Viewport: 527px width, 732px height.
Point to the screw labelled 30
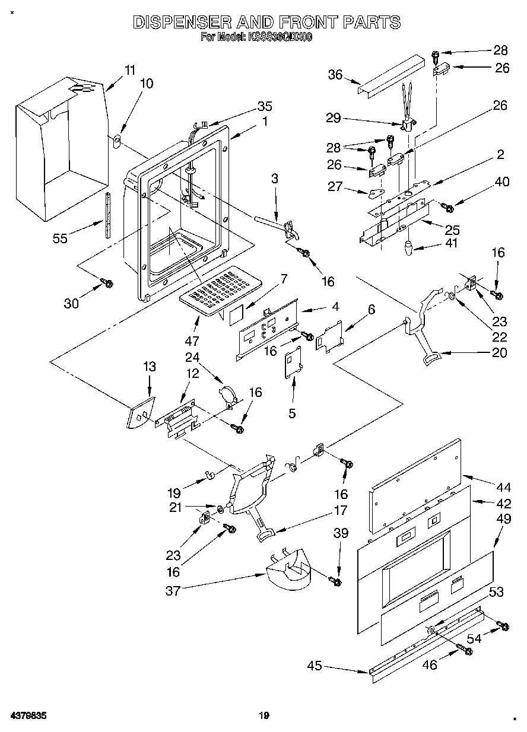[108, 284]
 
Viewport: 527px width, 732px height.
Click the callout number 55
[60, 238]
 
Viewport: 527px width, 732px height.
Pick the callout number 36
[335, 75]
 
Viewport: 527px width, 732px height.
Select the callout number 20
[500, 352]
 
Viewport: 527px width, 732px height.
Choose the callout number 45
[315, 666]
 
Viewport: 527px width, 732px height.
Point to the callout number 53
[496, 591]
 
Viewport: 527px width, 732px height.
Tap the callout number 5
[292, 413]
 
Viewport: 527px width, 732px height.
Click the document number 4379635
[28, 716]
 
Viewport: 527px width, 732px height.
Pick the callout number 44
[503, 488]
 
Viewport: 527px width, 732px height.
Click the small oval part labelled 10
[118, 141]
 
